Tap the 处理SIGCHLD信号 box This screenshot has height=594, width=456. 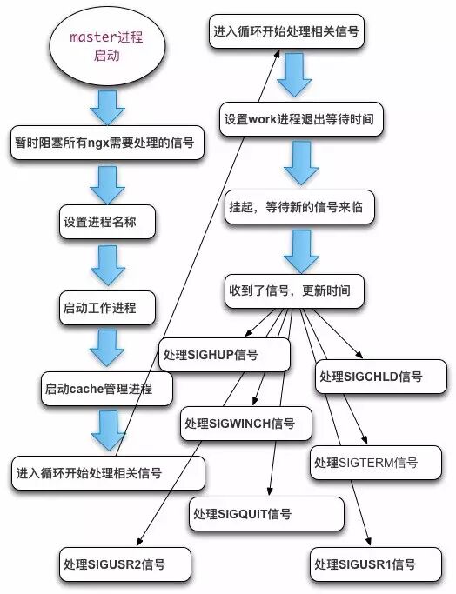369,377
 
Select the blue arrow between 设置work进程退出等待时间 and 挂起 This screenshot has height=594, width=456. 300,162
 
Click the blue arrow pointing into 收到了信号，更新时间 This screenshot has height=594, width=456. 300,250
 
